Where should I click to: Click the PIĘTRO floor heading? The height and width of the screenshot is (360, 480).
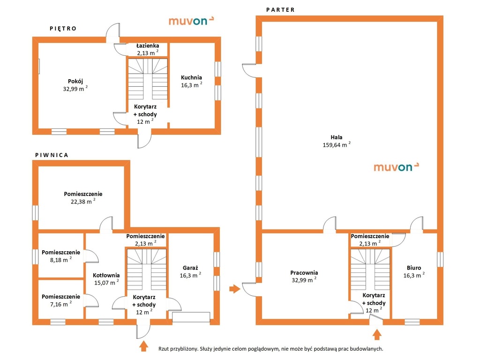63,29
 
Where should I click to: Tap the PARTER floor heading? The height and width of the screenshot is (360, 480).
280,10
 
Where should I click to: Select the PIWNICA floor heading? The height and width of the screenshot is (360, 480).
52,155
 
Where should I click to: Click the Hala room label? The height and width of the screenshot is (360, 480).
337,137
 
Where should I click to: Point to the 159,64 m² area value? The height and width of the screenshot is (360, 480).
337,144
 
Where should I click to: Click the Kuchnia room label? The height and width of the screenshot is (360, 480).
191,77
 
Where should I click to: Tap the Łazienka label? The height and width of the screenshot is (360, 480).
148,45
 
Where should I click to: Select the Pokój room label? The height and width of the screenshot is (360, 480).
75,81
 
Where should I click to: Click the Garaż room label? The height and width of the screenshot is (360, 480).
190,268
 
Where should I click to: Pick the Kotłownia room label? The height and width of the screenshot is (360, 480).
106,275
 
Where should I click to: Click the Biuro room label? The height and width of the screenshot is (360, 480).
414,268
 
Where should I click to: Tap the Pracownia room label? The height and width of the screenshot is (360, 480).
304,272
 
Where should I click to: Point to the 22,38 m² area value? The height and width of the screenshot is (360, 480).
83,201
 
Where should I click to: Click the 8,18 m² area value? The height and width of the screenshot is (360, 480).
60,260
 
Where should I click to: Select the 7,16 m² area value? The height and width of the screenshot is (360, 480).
60,304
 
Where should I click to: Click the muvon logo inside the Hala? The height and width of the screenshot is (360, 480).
396,167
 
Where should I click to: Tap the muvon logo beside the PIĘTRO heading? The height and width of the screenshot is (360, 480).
191,21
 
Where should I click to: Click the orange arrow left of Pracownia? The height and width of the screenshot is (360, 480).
235,288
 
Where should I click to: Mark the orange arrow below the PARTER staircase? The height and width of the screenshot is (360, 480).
377,334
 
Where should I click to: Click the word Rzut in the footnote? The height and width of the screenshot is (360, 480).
163,349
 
